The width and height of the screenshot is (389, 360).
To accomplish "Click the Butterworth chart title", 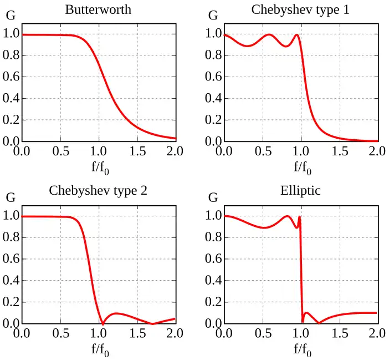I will (98, 10).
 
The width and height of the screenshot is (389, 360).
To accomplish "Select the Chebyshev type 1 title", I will (300, 10).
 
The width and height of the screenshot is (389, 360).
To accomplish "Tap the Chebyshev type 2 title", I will (98, 191).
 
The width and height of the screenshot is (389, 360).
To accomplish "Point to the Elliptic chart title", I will (300, 191).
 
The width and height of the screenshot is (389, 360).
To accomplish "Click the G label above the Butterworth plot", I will (10, 16).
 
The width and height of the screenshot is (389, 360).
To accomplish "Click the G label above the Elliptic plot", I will (213, 197).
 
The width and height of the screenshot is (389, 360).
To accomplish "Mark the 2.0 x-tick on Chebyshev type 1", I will (377, 151).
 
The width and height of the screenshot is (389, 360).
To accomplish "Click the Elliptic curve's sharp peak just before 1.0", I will (300, 216).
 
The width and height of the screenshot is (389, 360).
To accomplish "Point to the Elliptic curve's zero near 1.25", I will (319, 323).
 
